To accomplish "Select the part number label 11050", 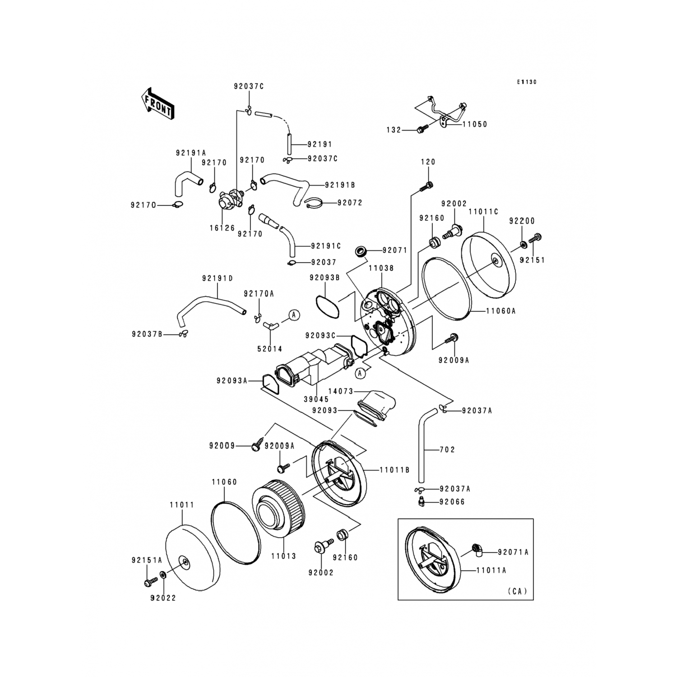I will point(475,124).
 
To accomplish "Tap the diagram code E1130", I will point(527,82).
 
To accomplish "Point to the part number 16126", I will point(222,228).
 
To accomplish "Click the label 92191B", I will point(340,185).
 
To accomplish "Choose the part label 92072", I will point(350,203).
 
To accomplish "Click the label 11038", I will point(381,268).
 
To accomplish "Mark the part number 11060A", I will point(501,311).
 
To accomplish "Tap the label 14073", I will point(341,391).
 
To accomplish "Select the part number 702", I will point(447,450).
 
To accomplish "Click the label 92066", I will point(452,502).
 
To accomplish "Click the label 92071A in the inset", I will point(513,552).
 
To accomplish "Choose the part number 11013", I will point(283,556).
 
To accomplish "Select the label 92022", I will point(163,598).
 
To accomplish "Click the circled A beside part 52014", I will point(294,315).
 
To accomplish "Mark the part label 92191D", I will point(217,278).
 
